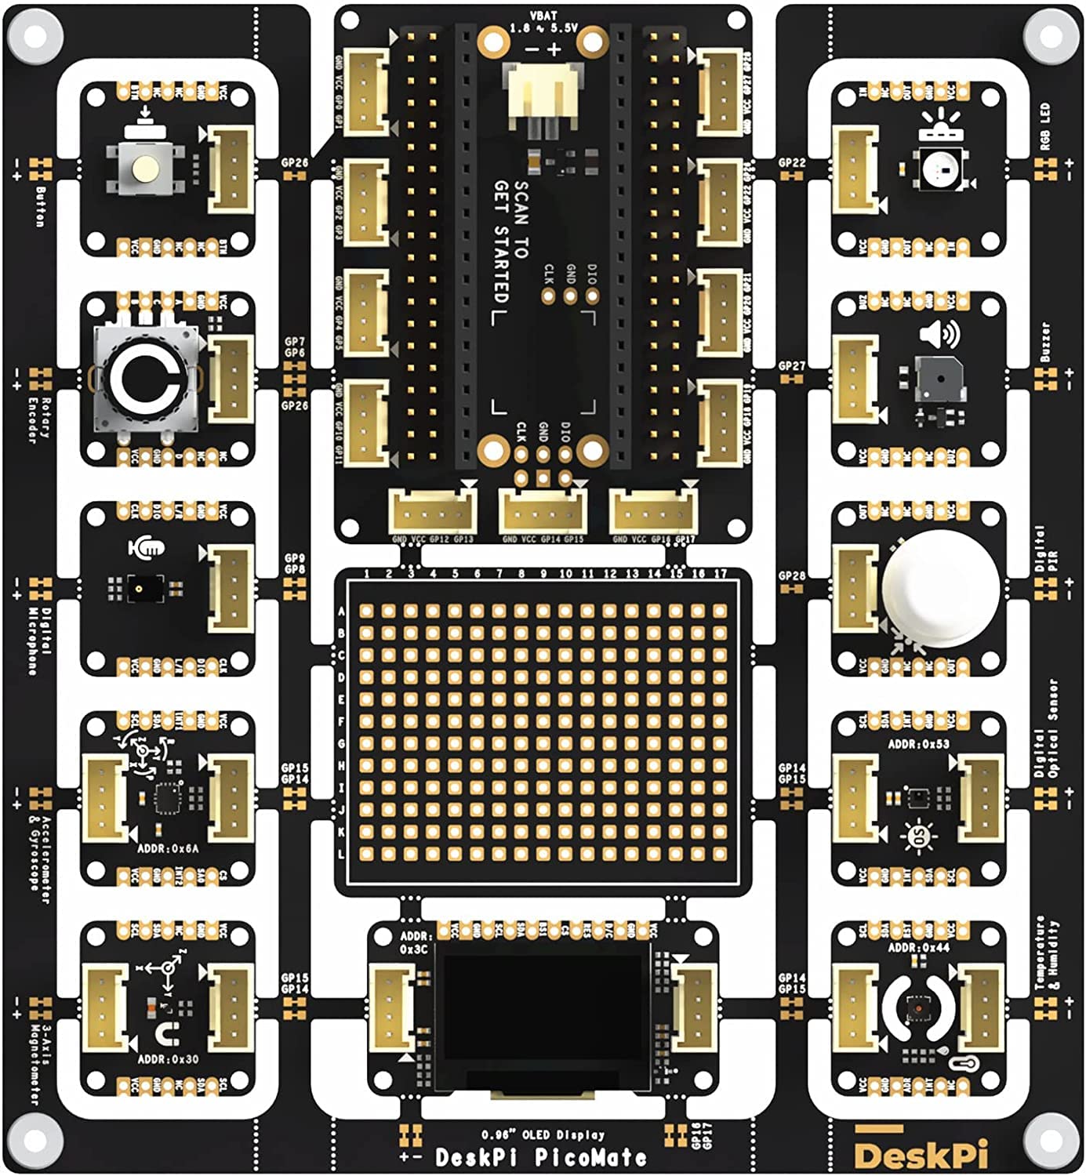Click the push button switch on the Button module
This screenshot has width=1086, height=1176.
tap(145, 167)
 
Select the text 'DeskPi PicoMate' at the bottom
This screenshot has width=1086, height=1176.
tap(541, 1157)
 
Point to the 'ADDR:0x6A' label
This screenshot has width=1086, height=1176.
tap(168, 848)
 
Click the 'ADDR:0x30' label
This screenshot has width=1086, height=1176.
tap(168, 1058)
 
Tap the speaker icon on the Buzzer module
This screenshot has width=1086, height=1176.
tap(939, 335)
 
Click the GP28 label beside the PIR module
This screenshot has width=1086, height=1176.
tap(792, 575)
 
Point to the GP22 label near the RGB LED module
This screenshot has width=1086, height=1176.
tap(792, 162)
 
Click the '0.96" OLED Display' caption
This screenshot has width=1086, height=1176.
tap(543, 1134)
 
